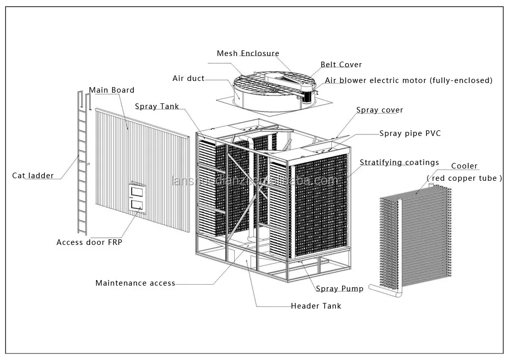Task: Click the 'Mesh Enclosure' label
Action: (248, 53)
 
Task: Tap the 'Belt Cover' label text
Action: (341, 65)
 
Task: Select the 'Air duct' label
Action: (188, 78)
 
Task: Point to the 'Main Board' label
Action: (111, 90)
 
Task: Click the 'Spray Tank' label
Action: (157, 106)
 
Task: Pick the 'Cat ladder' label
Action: (33, 176)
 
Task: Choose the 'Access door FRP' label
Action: (89, 242)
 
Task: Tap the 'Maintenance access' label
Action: (135, 283)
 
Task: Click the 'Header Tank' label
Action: (316, 306)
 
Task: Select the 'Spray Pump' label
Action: (340, 289)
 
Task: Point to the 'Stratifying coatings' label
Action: (399, 162)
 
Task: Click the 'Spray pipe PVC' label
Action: (410, 133)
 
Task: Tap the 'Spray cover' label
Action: (379, 110)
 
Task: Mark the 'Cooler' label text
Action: (464, 166)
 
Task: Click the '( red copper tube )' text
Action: (464, 178)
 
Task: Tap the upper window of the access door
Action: (136, 191)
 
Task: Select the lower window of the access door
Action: (136, 205)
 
